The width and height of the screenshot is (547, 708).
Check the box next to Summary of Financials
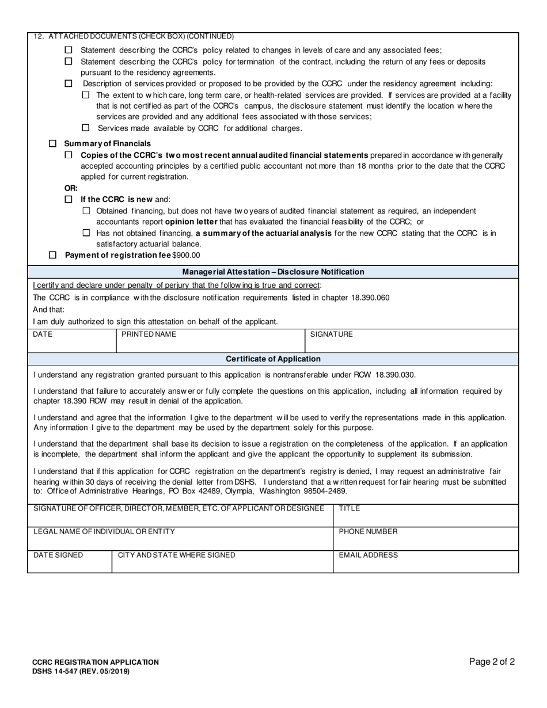pos(53,143)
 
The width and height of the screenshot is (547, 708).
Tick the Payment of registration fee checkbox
pos(53,255)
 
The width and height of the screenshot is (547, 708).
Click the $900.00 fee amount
pos(187,255)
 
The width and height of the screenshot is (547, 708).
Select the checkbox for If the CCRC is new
pos(69,199)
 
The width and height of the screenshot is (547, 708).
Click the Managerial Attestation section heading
pos(273,272)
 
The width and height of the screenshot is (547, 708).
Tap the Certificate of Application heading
pos(273,359)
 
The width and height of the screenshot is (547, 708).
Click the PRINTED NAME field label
pos(149,334)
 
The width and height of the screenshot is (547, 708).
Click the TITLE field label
pos(350,509)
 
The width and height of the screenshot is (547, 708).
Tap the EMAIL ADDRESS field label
pos(368,555)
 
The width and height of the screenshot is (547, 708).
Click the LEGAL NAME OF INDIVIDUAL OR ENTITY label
pos(104,532)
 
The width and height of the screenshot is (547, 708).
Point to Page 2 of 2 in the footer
pos(492,661)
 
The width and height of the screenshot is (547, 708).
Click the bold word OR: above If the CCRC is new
pos(71,188)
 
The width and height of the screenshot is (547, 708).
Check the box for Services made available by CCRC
pos(86,128)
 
